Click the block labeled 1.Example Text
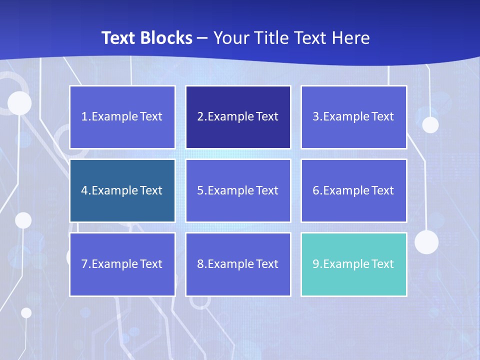(x=122, y=117)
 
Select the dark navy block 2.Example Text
(x=238, y=117)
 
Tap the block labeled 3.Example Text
(x=353, y=117)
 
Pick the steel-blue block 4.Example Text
(x=122, y=190)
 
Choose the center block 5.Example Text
(x=238, y=190)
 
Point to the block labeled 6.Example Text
(x=353, y=190)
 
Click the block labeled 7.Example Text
(x=122, y=264)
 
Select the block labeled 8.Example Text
(x=238, y=264)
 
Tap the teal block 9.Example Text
(x=353, y=264)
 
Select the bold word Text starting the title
(x=118, y=38)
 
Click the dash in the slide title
(x=202, y=38)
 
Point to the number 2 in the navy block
(x=200, y=117)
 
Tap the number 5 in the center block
(x=200, y=190)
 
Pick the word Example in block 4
(x=114, y=190)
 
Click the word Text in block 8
(x=267, y=264)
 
